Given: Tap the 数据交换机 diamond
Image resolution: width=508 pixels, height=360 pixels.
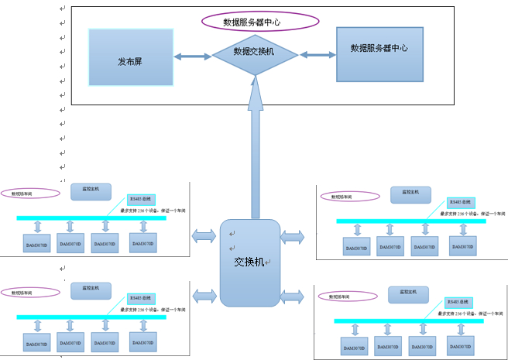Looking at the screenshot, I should [255, 52].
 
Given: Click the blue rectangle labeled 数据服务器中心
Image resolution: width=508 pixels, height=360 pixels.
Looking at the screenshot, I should [379, 54].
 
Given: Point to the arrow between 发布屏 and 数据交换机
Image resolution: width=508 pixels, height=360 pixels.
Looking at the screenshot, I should [192, 57].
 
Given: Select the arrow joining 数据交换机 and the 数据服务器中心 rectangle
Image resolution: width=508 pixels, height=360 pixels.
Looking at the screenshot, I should [317, 54].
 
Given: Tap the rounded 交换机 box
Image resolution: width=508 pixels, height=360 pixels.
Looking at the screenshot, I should [250, 262].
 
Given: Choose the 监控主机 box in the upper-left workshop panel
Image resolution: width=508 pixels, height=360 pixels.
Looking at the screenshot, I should [91, 191].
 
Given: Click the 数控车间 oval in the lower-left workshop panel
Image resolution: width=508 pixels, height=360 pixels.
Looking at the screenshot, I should [30, 292].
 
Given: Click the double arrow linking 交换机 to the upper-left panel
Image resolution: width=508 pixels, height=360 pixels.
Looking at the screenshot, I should [204, 234].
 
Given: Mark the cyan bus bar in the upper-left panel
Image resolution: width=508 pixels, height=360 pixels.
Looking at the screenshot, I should [91, 218].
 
